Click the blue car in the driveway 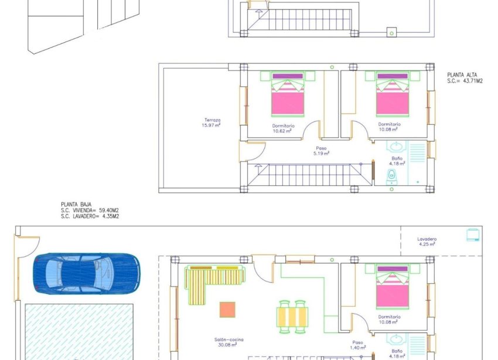click(x=87, y=273)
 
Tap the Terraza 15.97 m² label click(x=212, y=123)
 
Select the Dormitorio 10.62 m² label click(x=284, y=128)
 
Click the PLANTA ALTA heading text click(x=462, y=75)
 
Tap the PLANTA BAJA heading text click(x=76, y=205)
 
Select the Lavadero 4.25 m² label click(x=427, y=242)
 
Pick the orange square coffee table click(x=227, y=309)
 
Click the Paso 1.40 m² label click(x=357, y=345)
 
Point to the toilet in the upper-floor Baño click(x=391, y=175)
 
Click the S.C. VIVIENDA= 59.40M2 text click(x=90, y=210)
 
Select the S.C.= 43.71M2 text click(x=465, y=81)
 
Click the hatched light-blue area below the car click(x=80, y=331)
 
